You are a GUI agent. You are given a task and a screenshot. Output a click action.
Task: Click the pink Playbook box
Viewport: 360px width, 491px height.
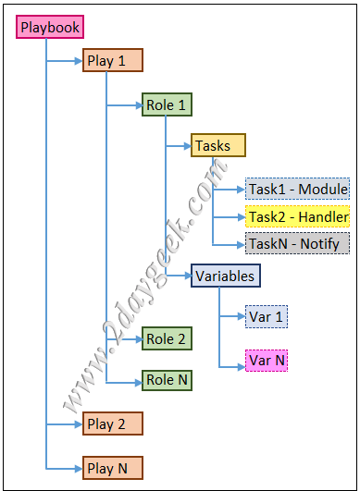point(50,27)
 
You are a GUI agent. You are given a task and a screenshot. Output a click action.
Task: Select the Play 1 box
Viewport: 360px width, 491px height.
point(113,60)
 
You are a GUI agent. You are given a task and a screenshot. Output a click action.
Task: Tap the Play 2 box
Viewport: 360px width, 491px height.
point(113,423)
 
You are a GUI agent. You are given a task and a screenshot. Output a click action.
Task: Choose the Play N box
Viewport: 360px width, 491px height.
point(113,468)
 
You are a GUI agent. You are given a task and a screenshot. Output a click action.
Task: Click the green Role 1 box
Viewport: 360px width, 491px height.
point(167,104)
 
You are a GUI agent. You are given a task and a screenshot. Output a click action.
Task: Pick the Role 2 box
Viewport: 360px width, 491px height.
point(167,338)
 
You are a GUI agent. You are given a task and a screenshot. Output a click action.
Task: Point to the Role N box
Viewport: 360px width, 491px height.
point(167,380)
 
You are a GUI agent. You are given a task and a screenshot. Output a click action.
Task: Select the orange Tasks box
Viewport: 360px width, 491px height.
point(218,145)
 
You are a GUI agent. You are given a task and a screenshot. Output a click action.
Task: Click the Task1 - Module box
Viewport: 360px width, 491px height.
point(298,189)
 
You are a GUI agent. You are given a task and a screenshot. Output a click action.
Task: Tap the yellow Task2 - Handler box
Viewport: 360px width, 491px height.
point(298,216)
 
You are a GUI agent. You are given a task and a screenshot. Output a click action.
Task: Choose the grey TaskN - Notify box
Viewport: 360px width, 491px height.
point(298,243)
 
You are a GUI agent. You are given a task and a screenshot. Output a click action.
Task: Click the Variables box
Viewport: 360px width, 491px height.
point(226,276)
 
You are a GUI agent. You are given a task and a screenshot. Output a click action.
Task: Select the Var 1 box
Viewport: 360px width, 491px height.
point(267,316)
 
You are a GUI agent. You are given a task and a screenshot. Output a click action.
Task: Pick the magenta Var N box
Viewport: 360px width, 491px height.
point(267,361)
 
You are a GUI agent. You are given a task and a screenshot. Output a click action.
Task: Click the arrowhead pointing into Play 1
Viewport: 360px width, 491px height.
point(79,61)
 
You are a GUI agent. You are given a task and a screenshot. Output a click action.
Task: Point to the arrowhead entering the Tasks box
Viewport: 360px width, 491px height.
point(187,146)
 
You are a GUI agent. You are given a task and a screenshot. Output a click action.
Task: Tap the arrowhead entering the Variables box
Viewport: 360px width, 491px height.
point(187,276)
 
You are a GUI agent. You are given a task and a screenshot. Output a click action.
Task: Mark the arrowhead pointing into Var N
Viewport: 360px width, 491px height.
point(242,367)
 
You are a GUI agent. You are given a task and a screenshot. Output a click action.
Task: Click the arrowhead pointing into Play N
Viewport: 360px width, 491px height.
point(79,469)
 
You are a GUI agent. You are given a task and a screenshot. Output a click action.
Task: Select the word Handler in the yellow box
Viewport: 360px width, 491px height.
point(324,216)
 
